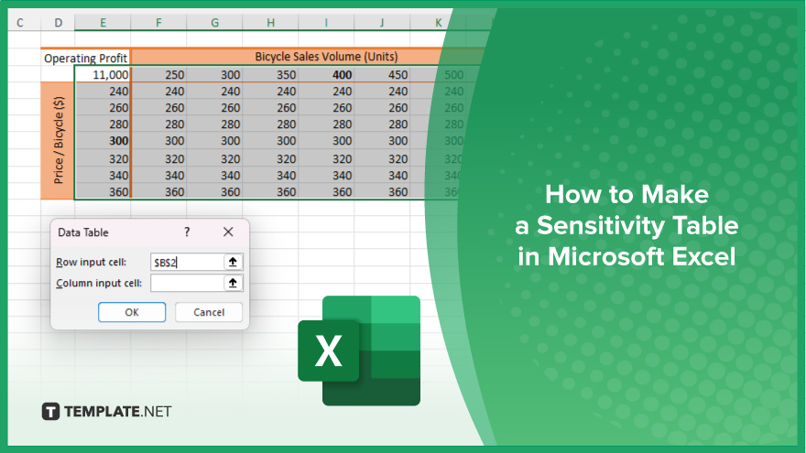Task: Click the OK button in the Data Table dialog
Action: coord(132,312)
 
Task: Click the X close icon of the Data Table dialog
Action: coord(228,232)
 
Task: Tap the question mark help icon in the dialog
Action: coord(187,232)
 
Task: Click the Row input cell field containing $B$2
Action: coord(187,263)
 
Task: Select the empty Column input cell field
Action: coord(187,283)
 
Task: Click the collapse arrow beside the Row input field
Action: coord(233,263)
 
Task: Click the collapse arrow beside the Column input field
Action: coord(233,283)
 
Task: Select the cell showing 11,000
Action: coord(103,74)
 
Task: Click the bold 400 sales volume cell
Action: coord(326,74)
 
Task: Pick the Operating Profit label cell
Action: coord(85,58)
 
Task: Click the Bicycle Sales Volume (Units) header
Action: coord(326,57)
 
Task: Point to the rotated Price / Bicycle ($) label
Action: coord(58,140)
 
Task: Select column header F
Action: coord(158,23)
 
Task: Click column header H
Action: coord(270,23)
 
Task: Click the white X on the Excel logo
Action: coord(329,351)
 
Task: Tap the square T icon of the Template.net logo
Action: coord(50,412)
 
